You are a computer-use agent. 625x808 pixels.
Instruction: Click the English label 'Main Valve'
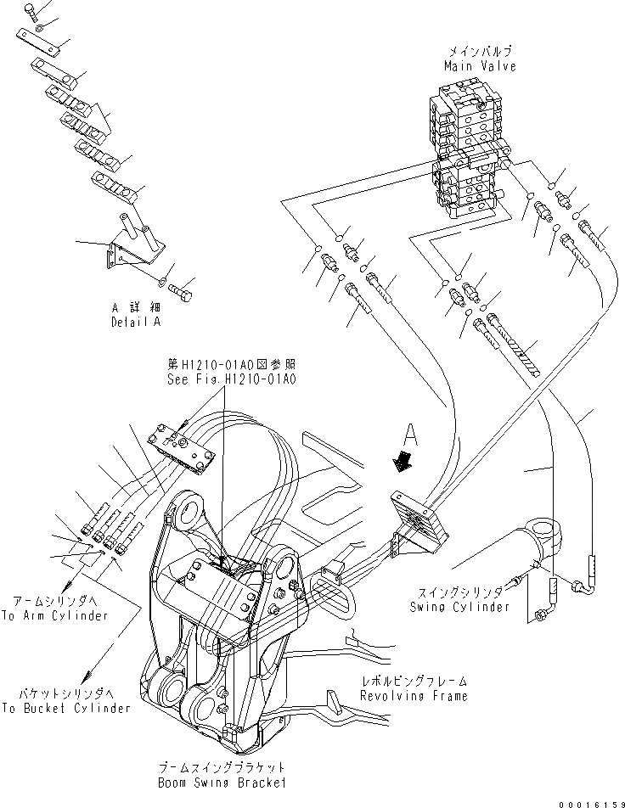click(480, 65)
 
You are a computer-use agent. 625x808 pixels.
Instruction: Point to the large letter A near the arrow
click(412, 436)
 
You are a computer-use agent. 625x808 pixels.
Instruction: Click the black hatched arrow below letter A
click(398, 463)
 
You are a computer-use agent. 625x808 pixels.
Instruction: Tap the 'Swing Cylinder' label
click(459, 607)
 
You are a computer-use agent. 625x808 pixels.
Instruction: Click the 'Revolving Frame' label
click(413, 696)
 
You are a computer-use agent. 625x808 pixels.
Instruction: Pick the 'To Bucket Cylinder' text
click(66, 708)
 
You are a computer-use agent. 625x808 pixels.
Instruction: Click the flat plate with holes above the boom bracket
click(180, 446)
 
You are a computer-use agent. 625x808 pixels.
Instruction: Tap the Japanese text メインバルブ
click(480, 52)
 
